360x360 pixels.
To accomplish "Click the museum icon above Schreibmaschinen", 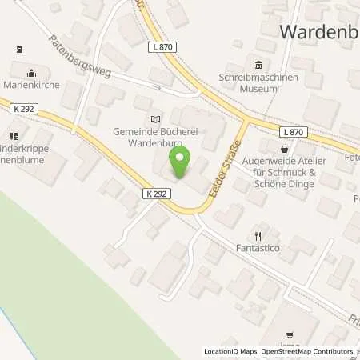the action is point(258,66).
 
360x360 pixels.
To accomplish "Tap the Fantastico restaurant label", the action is point(258,250).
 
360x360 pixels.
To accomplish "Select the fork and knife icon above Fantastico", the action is point(258,236).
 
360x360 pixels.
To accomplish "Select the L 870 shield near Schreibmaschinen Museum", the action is point(161,48).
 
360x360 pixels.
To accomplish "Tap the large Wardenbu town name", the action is point(318,32).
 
